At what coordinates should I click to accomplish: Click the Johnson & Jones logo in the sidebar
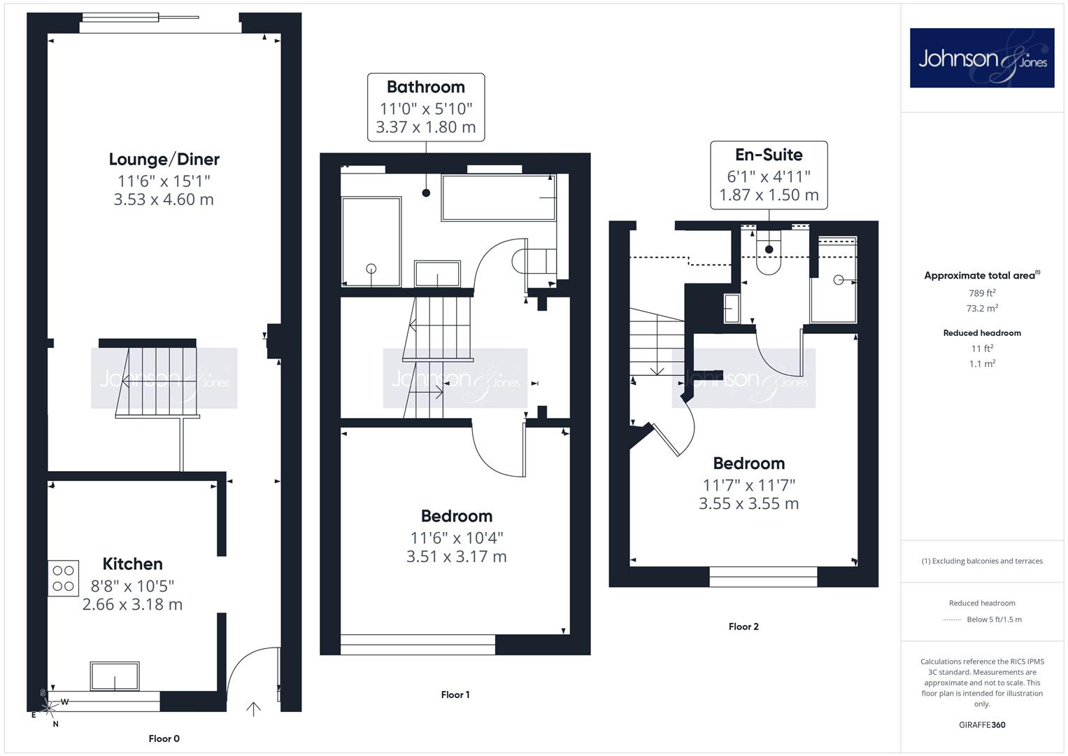click(x=982, y=57)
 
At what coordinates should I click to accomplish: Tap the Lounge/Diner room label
click(x=164, y=160)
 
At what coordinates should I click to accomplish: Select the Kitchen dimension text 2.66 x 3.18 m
click(x=132, y=604)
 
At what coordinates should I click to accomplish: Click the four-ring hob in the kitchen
click(x=63, y=578)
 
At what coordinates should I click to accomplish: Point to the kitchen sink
click(x=115, y=675)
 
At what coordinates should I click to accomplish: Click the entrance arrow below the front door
click(x=253, y=709)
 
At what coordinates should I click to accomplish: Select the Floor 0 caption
click(x=164, y=738)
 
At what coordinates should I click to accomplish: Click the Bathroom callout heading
click(x=426, y=87)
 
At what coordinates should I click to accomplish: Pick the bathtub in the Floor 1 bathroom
click(x=499, y=197)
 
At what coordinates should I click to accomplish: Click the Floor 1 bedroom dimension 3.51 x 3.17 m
click(x=456, y=556)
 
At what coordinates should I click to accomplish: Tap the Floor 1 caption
click(x=455, y=694)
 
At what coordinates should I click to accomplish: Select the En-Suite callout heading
click(x=769, y=155)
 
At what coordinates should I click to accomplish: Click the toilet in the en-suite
click(x=769, y=253)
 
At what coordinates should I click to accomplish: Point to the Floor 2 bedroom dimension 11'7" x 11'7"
click(x=748, y=485)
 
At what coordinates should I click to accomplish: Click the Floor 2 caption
click(x=743, y=626)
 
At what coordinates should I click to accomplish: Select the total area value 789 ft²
click(x=982, y=293)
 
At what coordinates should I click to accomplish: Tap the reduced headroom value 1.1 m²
click(x=982, y=364)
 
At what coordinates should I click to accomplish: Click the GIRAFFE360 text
click(x=982, y=725)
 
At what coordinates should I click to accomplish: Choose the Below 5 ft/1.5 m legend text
click(x=994, y=619)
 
